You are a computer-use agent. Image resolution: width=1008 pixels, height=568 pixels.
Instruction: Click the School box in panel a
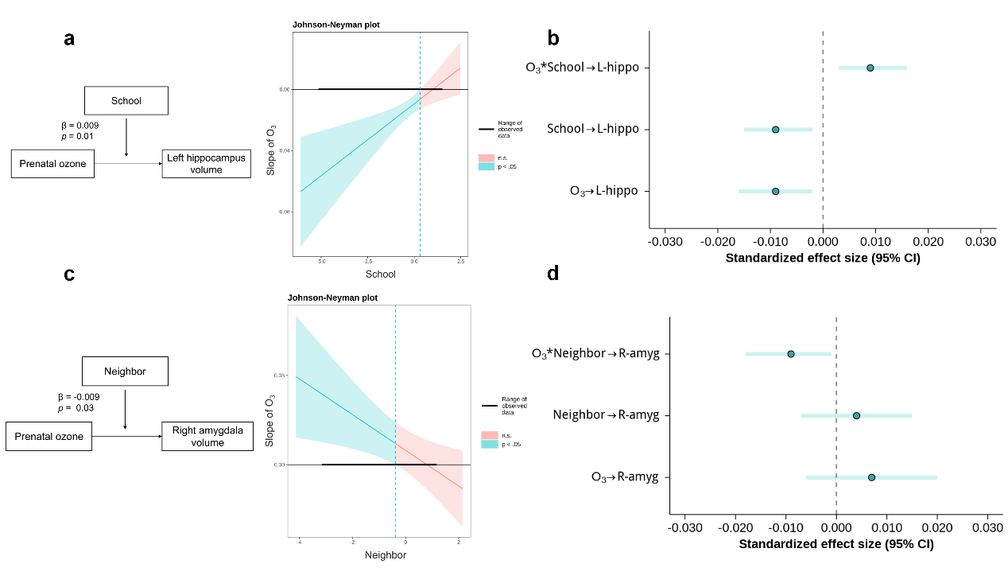[x=126, y=101]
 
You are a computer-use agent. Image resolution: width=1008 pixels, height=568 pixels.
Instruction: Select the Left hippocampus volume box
[x=206, y=164]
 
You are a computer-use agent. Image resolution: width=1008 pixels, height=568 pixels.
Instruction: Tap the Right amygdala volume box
[x=207, y=437]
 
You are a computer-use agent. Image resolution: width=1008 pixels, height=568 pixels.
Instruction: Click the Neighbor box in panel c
[x=125, y=372]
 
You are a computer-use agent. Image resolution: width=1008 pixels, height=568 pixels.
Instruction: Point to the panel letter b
[x=553, y=37]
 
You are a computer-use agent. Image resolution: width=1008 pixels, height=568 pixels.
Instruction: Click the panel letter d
[x=553, y=274]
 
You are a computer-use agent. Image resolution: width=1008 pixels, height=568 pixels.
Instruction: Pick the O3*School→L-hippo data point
[x=870, y=68]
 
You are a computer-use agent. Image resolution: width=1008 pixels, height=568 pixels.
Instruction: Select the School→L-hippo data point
[x=775, y=129]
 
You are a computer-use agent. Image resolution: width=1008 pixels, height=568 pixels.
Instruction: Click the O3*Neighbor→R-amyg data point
[x=791, y=353]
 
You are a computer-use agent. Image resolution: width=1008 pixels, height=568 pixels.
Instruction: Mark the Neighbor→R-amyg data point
[x=856, y=415]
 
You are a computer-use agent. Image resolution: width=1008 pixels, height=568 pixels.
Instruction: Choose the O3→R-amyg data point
[x=871, y=477]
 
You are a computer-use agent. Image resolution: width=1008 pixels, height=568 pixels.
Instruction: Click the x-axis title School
[x=380, y=274]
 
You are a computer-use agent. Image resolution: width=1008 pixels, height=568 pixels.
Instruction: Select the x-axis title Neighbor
[x=386, y=554]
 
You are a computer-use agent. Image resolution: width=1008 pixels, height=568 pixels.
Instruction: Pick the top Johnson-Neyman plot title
[x=336, y=25]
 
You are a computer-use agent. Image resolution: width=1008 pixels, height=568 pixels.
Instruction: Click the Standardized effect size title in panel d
[x=836, y=544]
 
